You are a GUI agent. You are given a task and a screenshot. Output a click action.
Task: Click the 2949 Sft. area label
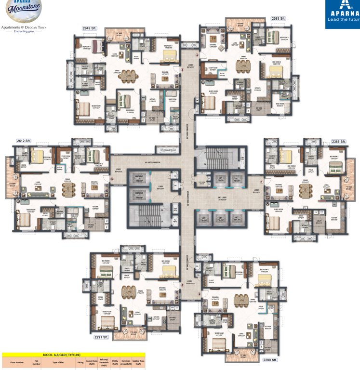tap(90, 29)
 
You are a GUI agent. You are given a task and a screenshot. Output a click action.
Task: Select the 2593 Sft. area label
tap(278, 18)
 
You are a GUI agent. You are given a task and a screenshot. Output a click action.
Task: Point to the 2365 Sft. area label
tap(339, 142)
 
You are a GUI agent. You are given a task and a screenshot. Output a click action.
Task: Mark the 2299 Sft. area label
tap(270, 360)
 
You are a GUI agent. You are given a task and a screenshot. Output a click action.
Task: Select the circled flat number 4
tap(112, 179)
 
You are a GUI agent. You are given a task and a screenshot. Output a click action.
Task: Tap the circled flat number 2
tap(199, 294)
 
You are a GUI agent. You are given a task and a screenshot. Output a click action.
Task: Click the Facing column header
tap(80, 362)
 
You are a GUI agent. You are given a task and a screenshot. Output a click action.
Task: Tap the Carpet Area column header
tap(92, 362)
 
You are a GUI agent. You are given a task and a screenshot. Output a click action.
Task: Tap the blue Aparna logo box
tap(342, 14)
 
